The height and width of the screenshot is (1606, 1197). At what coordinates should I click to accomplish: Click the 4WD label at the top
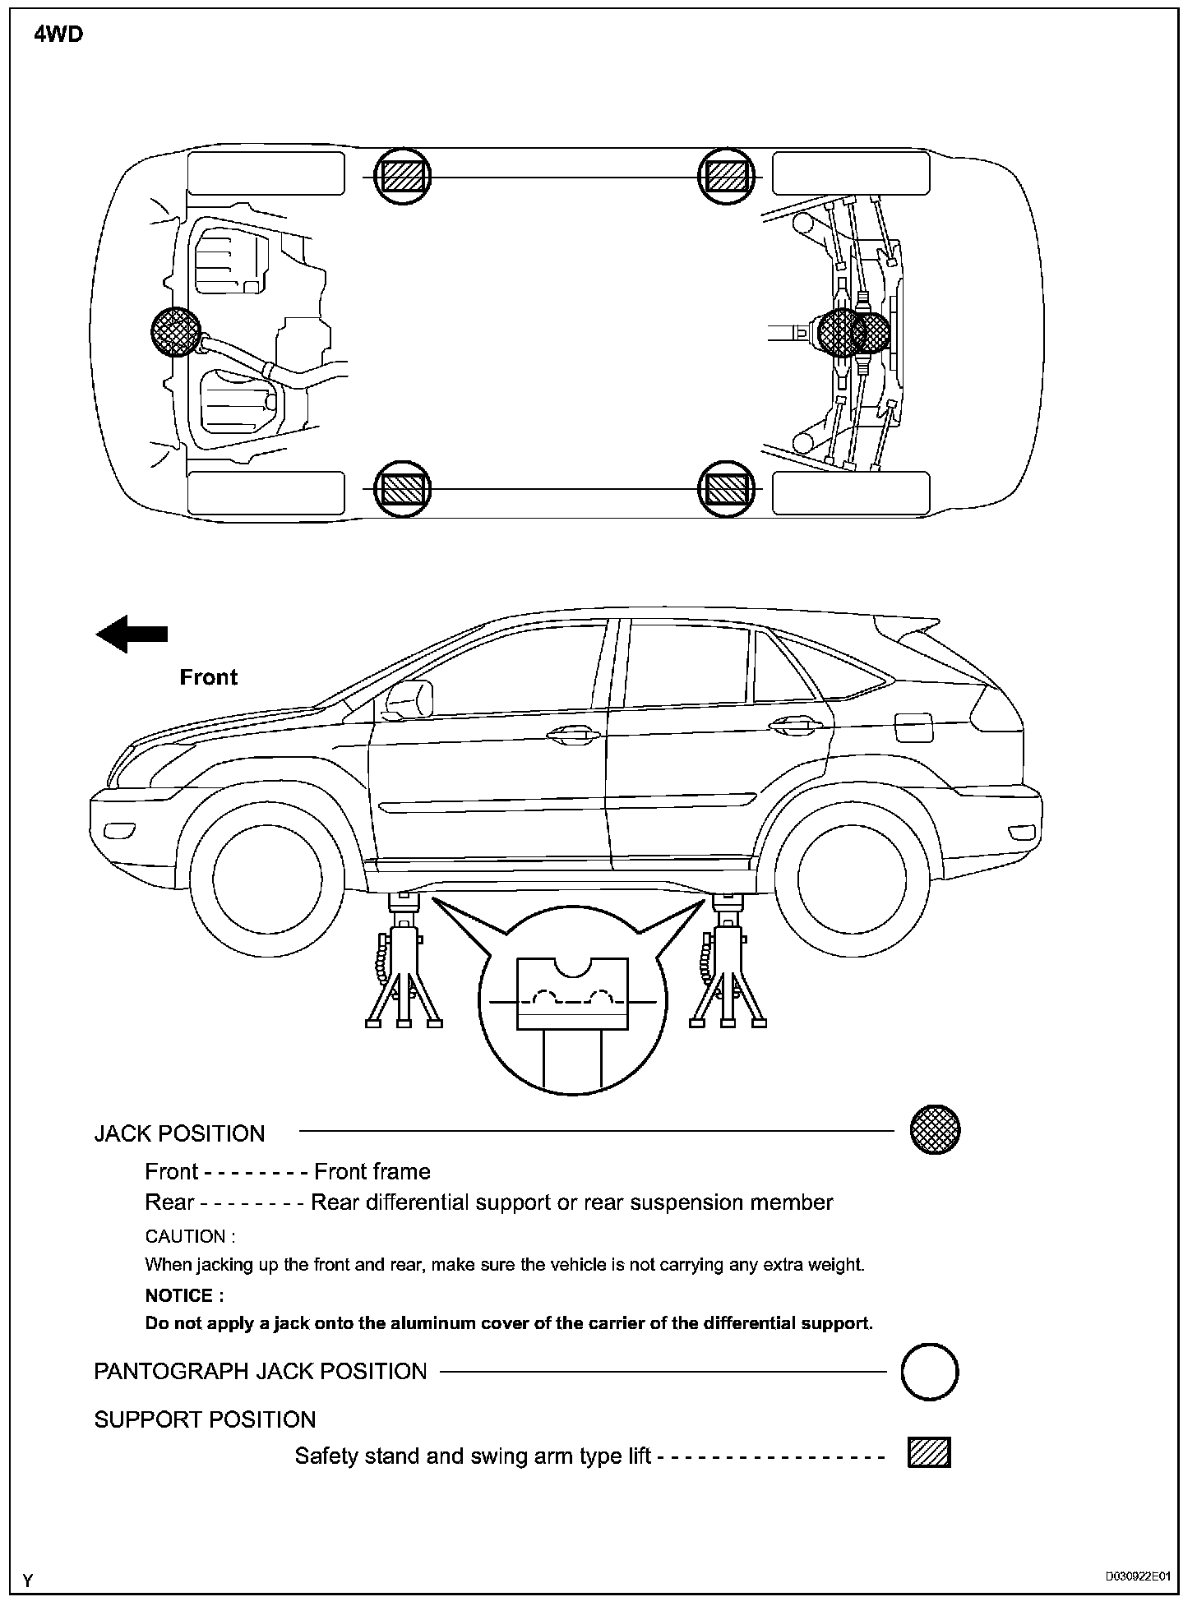[58, 35]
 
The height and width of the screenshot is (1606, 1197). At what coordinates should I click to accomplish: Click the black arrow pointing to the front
[132, 634]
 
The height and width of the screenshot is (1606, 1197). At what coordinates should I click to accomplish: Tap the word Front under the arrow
[208, 677]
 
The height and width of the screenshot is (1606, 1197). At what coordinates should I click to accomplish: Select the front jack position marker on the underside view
[176, 332]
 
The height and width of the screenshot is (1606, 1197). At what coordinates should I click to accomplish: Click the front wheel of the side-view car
[266, 879]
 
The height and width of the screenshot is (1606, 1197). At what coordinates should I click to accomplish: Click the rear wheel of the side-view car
[851, 879]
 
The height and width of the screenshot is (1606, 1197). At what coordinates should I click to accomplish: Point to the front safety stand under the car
[404, 966]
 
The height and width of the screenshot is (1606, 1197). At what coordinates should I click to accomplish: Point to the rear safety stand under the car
[727, 966]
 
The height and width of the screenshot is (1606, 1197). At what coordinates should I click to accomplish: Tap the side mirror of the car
[409, 699]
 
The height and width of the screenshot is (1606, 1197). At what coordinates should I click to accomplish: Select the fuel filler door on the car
[913, 727]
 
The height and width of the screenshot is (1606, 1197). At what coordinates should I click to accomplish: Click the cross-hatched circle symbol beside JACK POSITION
[935, 1130]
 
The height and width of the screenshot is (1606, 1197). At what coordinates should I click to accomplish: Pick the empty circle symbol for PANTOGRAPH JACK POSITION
[930, 1372]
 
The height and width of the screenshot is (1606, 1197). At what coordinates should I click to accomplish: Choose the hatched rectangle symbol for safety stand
[929, 1453]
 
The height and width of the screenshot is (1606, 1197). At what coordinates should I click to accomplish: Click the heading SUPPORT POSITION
[205, 1419]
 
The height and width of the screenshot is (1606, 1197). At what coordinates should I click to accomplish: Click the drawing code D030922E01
[1137, 1577]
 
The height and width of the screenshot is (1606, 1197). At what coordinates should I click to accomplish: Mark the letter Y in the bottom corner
[29, 1581]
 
